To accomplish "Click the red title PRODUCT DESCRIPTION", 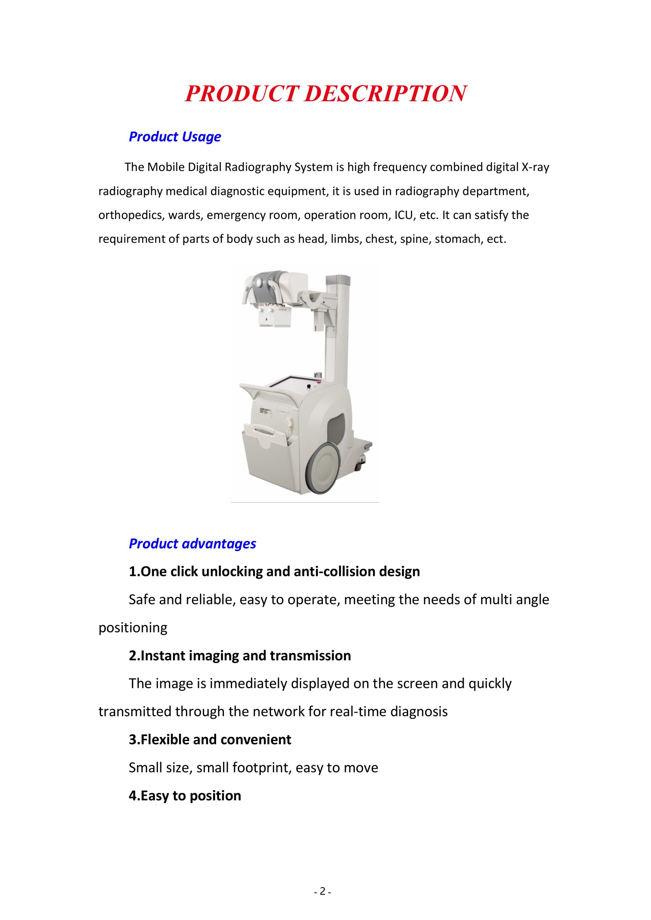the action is [325, 93].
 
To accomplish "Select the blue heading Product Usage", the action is [175, 137].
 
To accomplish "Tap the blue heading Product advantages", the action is [192, 544].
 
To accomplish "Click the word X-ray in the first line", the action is [535, 167].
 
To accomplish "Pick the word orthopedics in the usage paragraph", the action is [132, 215].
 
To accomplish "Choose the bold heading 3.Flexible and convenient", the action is [210, 740].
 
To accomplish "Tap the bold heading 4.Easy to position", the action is [185, 796].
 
